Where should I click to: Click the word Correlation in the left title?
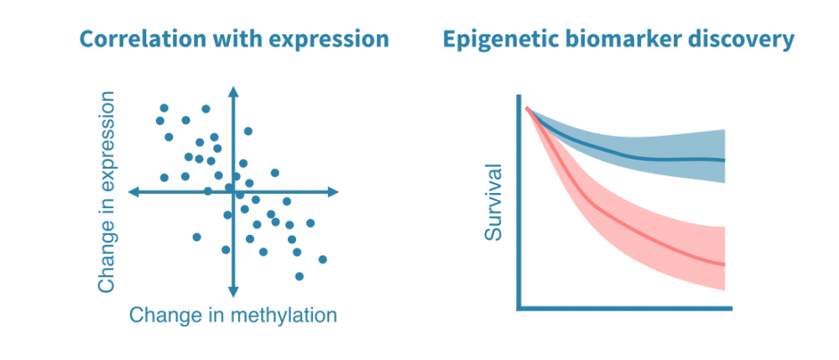[x=137, y=39]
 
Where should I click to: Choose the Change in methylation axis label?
[x=233, y=316]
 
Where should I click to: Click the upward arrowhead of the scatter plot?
[x=234, y=90]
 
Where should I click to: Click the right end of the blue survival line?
[x=723, y=159]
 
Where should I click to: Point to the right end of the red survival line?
[x=723, y=264]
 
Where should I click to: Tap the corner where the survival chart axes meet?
[x=520, y=307]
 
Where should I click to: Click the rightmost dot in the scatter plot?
[x=322, y=259]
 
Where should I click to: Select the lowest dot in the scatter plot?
[x=299, y=276]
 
